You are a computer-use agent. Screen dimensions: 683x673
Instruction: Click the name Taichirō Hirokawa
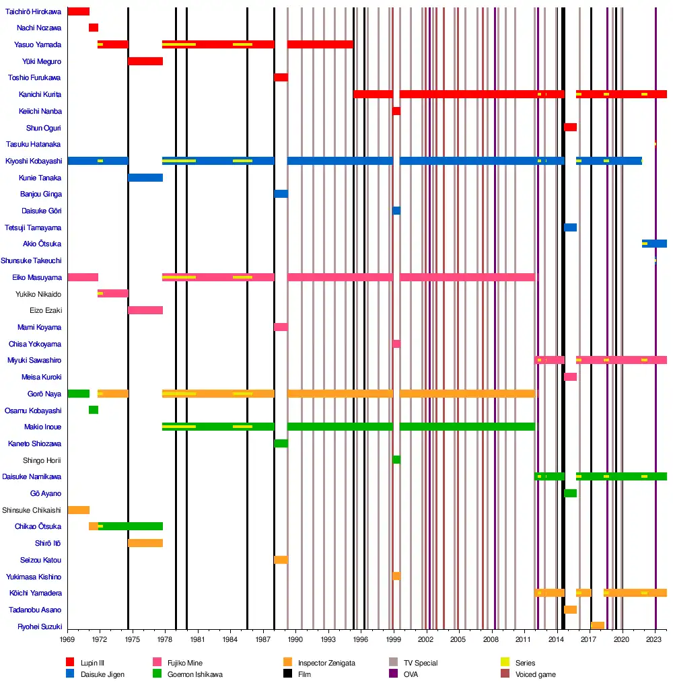pyautogui.click(x=34, y=11)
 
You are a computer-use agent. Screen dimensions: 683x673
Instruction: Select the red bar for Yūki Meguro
pyautogui.click(x=145, y=61)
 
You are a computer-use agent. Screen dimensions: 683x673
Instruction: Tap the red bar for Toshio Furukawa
pyautogui.click(x=281, y=77)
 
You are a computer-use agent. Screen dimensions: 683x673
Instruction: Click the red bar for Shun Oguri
pyautogui.click(x=570, y=127)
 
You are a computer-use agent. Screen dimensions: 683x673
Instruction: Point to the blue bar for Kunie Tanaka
pyautogui.click(x=145, y=178)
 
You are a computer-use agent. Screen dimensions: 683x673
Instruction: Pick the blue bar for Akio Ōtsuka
pyautogui.click(x=654, y=244)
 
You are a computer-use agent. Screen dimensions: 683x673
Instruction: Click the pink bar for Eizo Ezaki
pyautogui.click(x=145, y=310)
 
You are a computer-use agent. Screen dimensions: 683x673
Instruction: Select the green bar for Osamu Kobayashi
pyautogui.click(x=93, y=410)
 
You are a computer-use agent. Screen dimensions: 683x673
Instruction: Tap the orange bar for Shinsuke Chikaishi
pyautogui.click(x=78, y=510)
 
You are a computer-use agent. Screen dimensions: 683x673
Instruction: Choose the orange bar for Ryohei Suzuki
pyautogui.click(x=597, y=626)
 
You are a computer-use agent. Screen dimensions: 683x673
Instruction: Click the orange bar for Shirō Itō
pyautogui.click(x=145, y=543)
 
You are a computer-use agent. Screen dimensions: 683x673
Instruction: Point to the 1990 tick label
pyautogui.click(x=296, y=639)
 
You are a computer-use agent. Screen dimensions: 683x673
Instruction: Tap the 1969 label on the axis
pyautogui.click(x=67, y=639)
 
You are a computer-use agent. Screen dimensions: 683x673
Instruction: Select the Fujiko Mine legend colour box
pyautogui.click(x=157, y=663)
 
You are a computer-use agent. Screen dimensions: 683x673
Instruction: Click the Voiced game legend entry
pyautogui.click(x=535, y=674)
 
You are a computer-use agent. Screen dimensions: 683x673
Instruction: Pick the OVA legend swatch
pyautogui.click(x=393, y=674)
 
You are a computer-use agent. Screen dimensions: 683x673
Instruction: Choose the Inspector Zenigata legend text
pyautogui.click(x=326, y=663)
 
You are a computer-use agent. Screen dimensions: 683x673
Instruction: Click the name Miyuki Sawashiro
pyautogui.click(x=34, y=361)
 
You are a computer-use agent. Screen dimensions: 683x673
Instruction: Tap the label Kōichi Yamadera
pyautogui.click(x=35, y=594)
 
